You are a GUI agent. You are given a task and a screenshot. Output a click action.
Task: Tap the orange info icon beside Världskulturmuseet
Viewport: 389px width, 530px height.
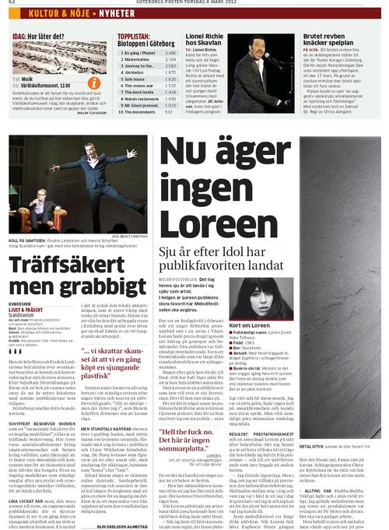pos(93,82)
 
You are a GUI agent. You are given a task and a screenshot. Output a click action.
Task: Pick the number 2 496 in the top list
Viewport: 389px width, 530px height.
pos(170,52)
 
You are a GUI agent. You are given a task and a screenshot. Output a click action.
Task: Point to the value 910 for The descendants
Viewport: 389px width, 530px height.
pos(170,111)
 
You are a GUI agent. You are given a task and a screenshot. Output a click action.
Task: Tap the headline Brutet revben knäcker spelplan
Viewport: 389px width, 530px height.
pos(326,40)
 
